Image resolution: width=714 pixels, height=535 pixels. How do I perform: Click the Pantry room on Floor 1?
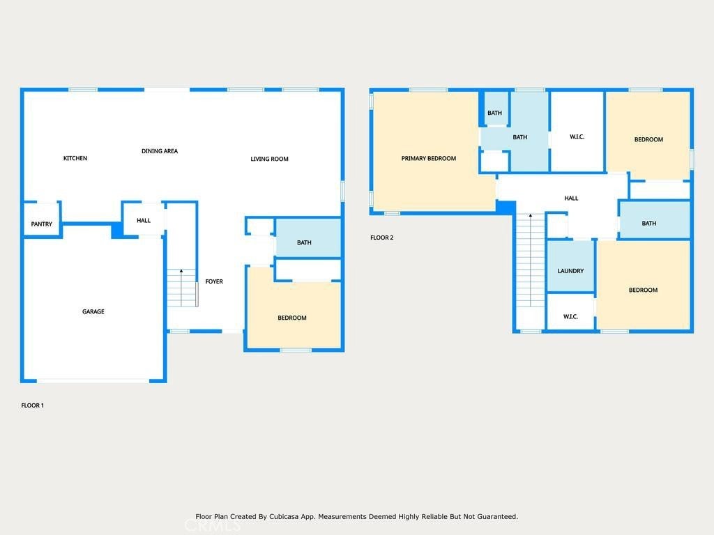(41, 219)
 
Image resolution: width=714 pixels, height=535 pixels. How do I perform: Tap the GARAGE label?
(93, 311)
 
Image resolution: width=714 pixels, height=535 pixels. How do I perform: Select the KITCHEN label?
(75, 158)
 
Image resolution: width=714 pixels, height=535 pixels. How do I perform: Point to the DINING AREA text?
(160, 151)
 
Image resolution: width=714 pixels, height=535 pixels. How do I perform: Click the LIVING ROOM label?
(269, 159)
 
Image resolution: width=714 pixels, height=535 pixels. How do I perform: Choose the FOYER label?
(214, 281)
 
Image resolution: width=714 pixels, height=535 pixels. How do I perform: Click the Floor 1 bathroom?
(308, 238)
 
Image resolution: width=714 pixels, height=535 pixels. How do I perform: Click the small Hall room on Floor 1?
(144, 219)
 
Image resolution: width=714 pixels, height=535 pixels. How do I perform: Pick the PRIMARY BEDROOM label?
(429, 158)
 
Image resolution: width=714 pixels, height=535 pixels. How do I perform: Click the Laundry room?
(570, 265)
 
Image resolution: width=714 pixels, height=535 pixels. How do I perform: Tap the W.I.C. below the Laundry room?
(570, 311)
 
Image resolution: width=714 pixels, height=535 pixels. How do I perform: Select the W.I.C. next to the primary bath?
(577, 132)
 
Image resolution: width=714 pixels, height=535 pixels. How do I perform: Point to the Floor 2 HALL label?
(571, 199)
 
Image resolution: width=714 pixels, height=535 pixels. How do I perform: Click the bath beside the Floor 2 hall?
(655, 219)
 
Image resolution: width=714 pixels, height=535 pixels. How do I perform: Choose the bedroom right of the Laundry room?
(643, 285)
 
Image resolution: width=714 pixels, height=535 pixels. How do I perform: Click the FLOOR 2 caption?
(381, 238)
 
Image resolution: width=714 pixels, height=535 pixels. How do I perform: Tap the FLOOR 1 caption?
(32, 405)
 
